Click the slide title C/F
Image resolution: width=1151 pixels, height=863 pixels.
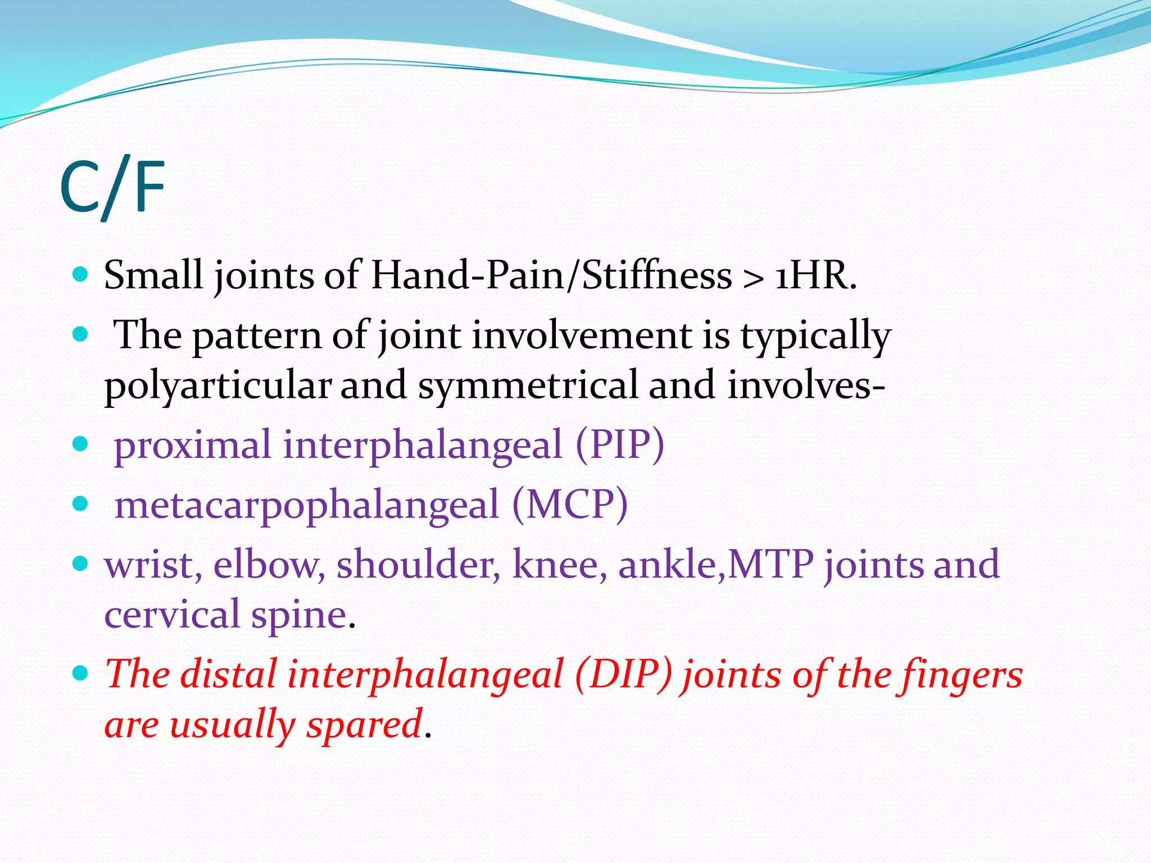click(x=112, y=188)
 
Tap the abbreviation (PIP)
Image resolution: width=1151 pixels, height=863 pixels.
click(x=619, y=445)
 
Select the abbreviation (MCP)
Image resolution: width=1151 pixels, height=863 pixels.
click(x=569, y=505)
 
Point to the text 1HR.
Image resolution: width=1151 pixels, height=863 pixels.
click(x=816, y=276)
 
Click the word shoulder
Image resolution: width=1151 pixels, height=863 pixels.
click(x=418, y=564)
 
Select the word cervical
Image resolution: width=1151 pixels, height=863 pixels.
click(x=172, y=614)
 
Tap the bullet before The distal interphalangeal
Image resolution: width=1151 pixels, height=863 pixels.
click(x=81, y=672)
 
